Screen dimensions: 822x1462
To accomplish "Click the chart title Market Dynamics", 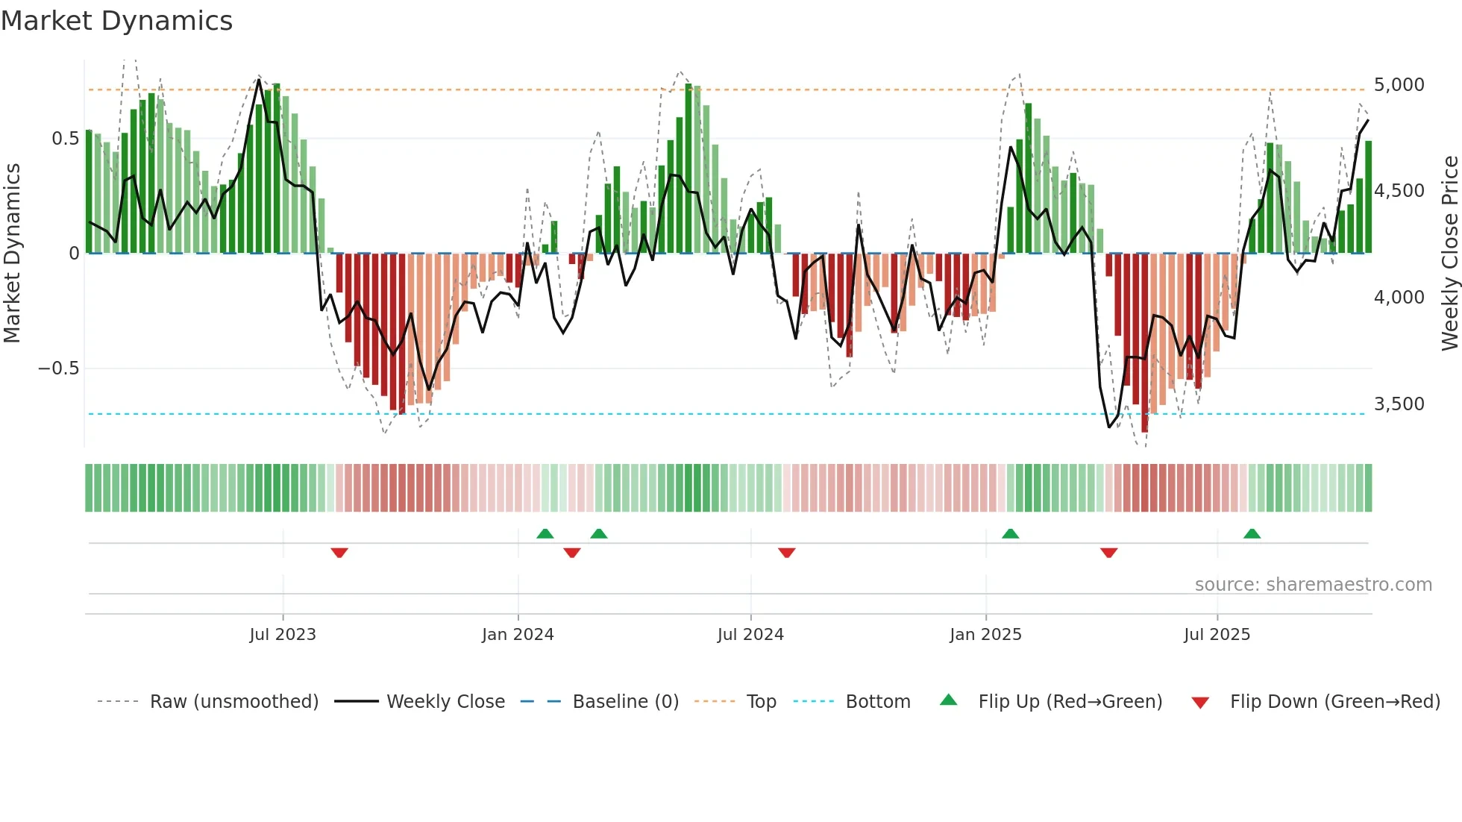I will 116,21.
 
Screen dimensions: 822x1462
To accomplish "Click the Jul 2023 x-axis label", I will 283,635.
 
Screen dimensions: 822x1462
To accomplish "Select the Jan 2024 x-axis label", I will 518,635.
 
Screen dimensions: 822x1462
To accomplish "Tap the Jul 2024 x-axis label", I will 750,635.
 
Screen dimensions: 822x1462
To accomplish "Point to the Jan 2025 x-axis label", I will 985,635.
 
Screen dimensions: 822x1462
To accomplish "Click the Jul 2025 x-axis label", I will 1217,635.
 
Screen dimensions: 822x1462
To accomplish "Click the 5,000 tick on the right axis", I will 1399,85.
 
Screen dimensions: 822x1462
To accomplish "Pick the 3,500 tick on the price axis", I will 1399,404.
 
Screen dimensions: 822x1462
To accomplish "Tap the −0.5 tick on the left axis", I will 58,368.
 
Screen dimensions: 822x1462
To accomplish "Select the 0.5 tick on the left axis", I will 65,139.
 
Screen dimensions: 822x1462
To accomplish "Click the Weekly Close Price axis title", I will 1449,254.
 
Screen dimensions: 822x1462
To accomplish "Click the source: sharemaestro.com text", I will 1313,585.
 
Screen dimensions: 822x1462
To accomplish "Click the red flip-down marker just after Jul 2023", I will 339,553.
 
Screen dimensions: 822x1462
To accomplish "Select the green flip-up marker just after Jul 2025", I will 1252,533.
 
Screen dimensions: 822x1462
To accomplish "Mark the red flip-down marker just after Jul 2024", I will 786,553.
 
